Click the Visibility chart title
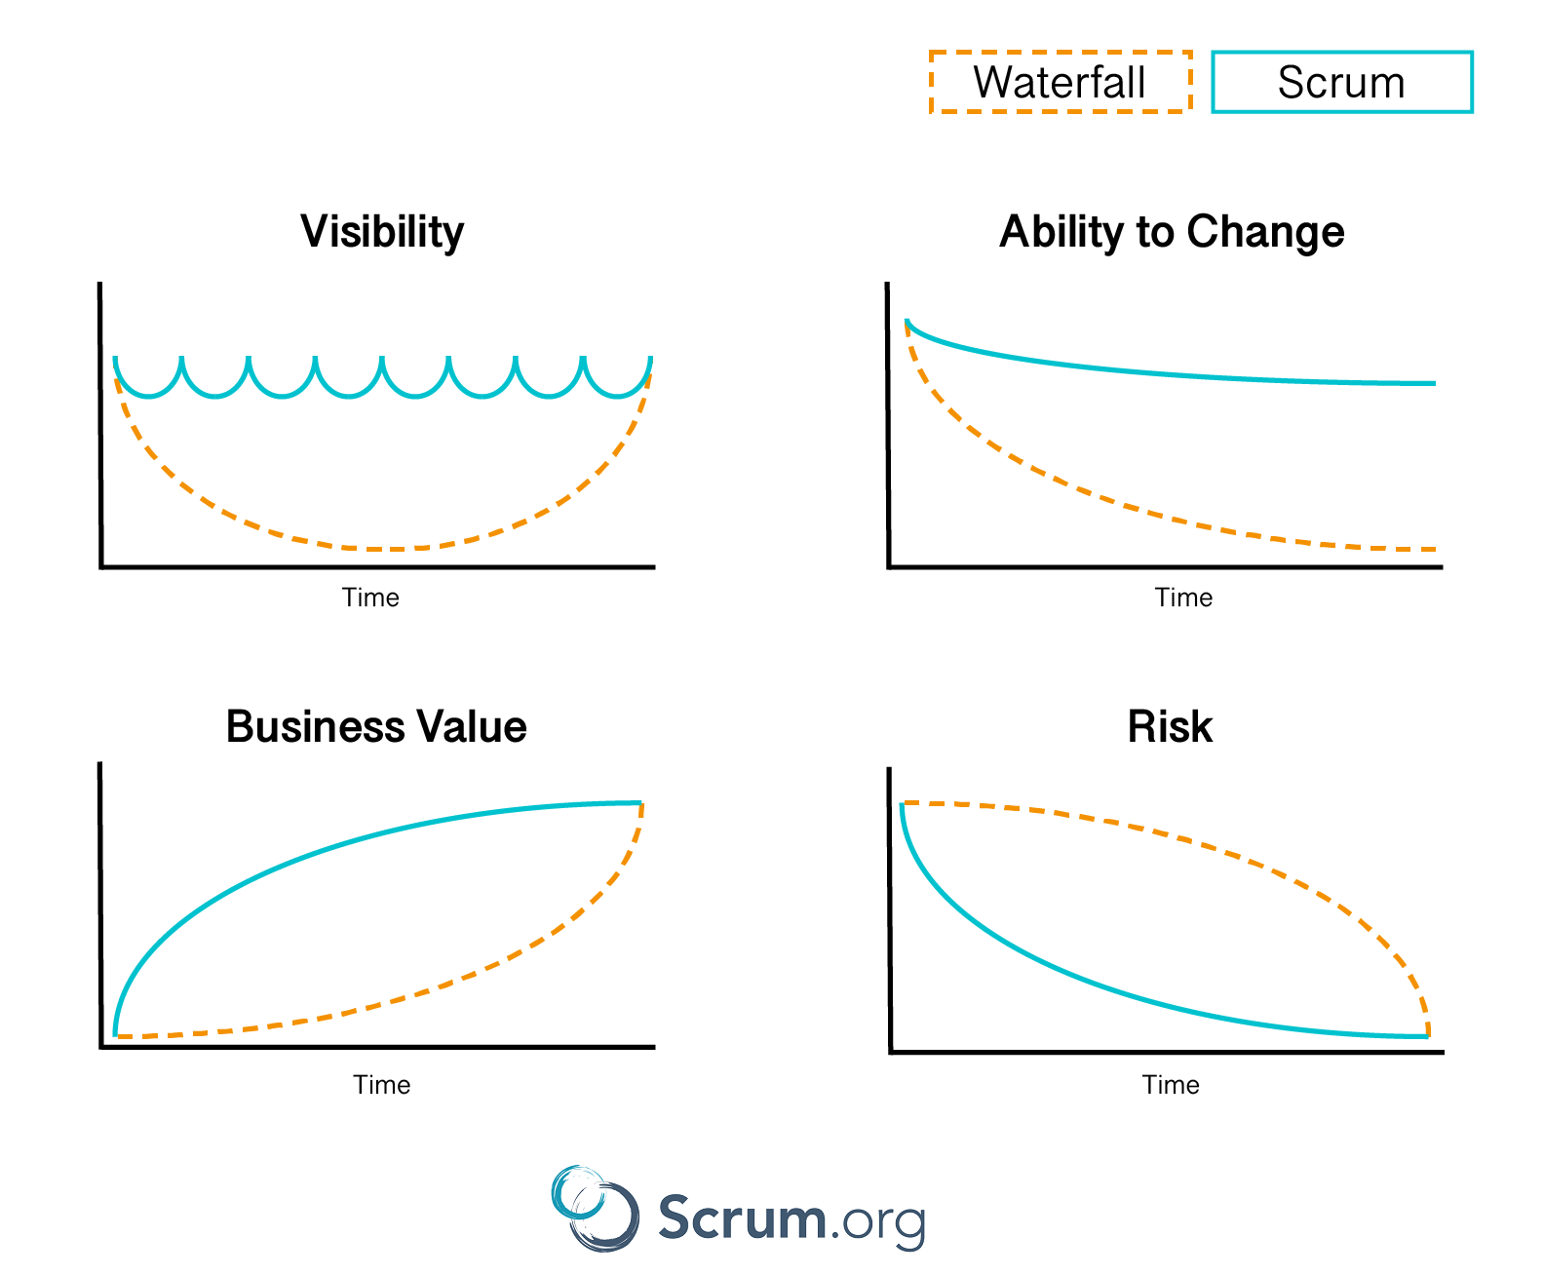tap(381, 232)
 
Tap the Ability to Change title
tap(1171, 232)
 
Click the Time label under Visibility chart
tap(369, 597)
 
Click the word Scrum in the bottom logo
tap(741, 1217)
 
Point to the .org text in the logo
tap(878, 1221)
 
